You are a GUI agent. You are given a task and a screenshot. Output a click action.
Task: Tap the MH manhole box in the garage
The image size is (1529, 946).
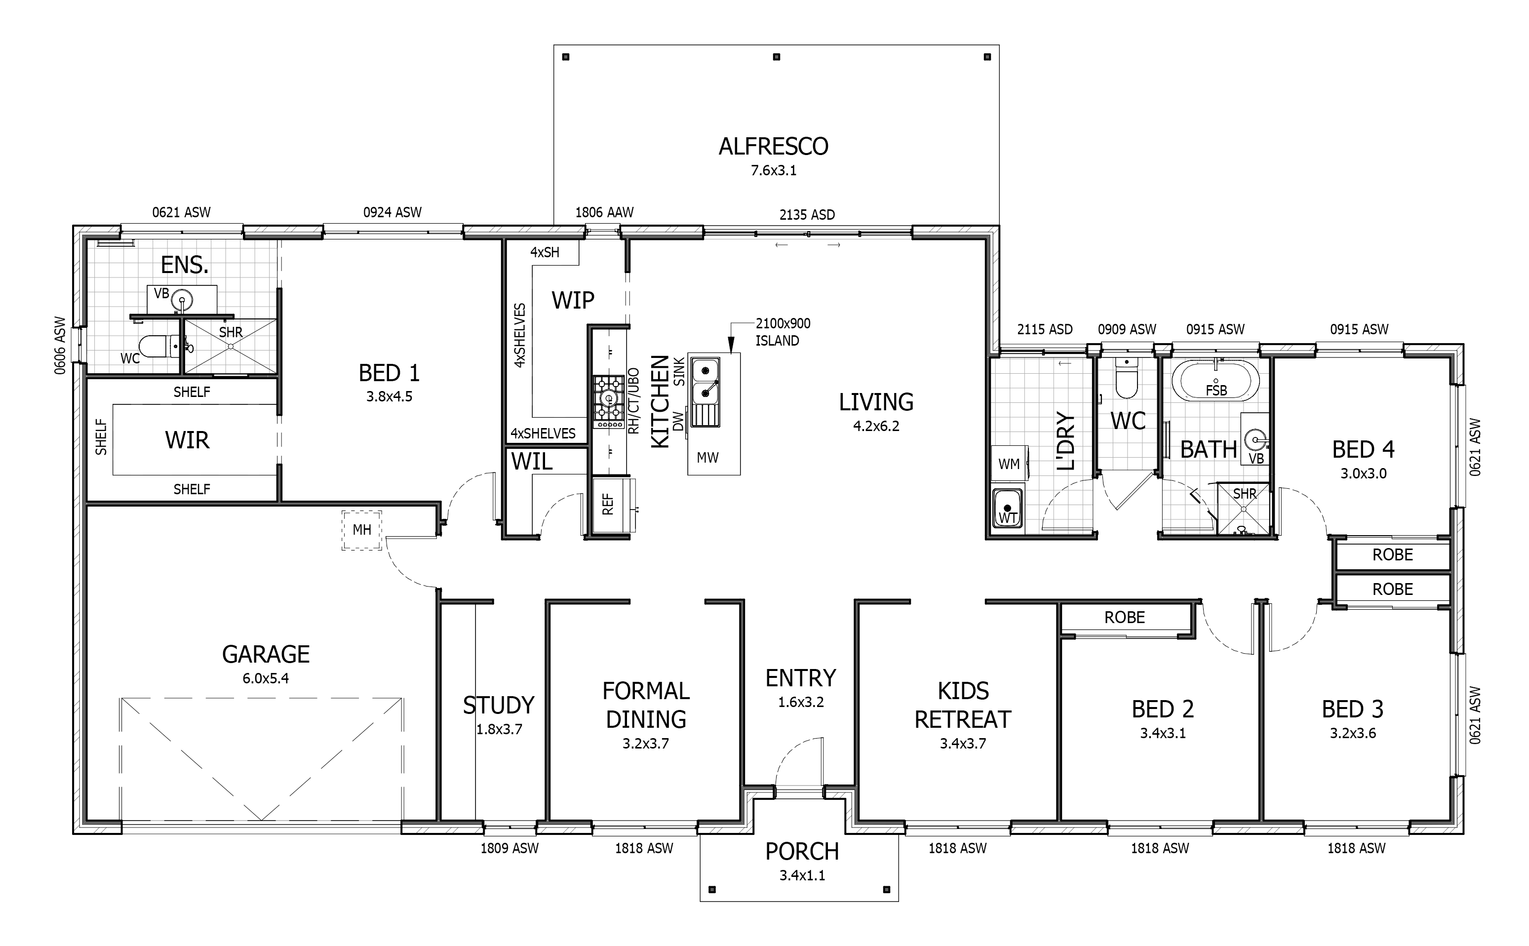361,530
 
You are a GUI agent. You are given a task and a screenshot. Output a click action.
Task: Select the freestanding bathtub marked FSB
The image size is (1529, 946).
1215,380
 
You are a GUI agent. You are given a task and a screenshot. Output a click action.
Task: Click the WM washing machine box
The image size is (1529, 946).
1009,464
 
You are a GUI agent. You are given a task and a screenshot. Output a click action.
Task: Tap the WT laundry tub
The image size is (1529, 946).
1007,508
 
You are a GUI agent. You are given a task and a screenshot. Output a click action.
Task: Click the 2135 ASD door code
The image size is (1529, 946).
807,215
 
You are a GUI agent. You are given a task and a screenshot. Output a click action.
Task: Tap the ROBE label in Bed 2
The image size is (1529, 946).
1124,618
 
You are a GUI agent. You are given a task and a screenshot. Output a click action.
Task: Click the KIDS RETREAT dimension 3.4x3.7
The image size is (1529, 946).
963,744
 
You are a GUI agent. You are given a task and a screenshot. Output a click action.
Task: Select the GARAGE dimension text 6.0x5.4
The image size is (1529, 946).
266,678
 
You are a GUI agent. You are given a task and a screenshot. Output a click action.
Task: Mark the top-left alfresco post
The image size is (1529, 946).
566,57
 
